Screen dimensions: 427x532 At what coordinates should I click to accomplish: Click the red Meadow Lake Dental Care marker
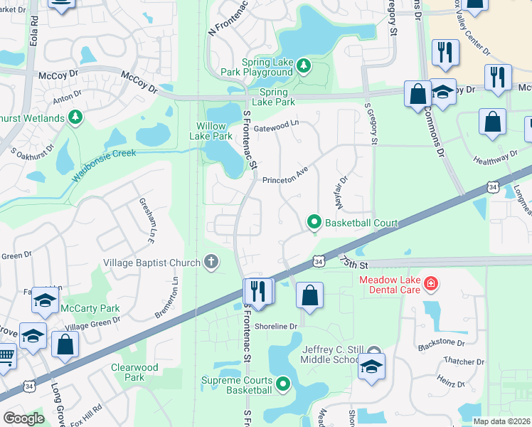(x=430, y=285)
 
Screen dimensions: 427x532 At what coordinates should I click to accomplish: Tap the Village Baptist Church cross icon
(x=211, y=263)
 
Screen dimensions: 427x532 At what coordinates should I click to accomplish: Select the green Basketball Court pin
(x=313, y=223)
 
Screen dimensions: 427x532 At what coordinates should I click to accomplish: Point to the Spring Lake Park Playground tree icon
(x=304, y=66)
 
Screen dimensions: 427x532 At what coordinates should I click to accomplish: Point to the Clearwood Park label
(x=134, y=372)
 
